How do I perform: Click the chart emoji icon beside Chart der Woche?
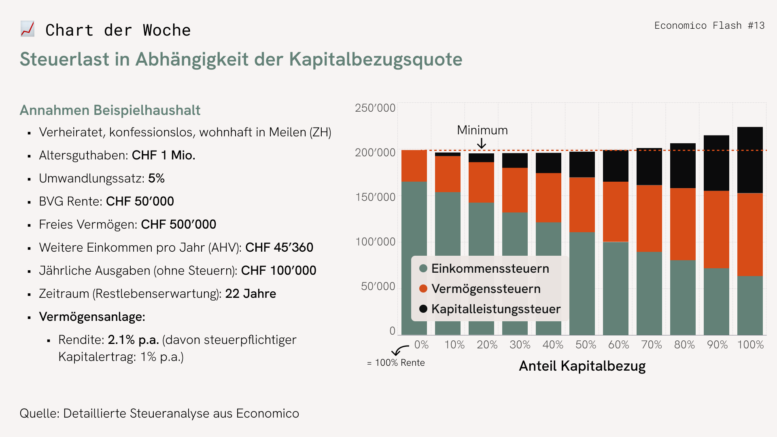click(28, 29)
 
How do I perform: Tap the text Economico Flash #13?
click(709, 25)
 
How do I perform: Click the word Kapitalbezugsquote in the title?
click(376, 59)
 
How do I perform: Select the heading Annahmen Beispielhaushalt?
click(110, 110)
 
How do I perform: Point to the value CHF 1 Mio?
click(163, 155)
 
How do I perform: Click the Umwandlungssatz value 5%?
click(156, 178)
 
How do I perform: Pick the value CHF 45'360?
click(279, 247)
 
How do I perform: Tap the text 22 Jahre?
click(251, 293)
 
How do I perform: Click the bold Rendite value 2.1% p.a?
click(133, 339)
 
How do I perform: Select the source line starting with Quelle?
click(159, 413)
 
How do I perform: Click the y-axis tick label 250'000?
click(375, 108)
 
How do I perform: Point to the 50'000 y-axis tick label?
click(378, 286)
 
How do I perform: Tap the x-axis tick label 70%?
click(652, 345)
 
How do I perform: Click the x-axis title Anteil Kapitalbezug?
click(582, 366)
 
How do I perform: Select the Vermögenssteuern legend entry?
click(486, 289)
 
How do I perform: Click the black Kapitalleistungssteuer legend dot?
click(423, 309)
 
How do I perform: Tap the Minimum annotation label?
click(482, 130)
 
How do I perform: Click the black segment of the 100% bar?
click(750, 160)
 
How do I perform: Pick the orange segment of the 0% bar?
click(414, 166)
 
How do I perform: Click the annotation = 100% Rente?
click(396, 363)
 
